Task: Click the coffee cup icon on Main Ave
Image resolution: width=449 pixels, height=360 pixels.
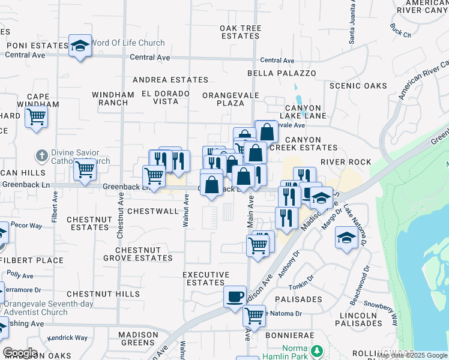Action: [x=235, y=296]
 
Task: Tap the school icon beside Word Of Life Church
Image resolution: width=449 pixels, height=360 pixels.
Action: [x=79, y=46]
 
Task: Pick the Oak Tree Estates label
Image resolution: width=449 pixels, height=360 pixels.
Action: [x=240, y=32]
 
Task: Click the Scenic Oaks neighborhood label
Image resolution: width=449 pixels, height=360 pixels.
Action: [x=359, y=86]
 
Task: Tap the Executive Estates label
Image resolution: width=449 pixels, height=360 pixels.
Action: [x=206, y=278]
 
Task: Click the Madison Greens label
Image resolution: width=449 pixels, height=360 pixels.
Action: [x=137, y=338]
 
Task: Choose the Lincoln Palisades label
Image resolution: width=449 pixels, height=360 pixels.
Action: [x=358, y=319]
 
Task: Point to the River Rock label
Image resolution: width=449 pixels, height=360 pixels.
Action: [x=346, y=162]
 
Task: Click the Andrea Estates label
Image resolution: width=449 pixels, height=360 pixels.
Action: [x=170, y=79]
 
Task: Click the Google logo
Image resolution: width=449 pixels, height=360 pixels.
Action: [x=20, y=353]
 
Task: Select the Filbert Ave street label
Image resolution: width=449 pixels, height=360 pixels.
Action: [x=55, y=207]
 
